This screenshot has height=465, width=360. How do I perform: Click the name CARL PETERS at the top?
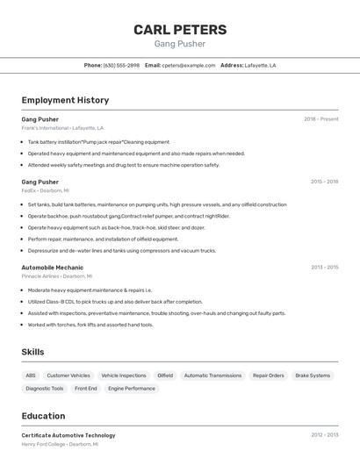pos(180,29)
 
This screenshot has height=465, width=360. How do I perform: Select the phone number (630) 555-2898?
pos(121,65)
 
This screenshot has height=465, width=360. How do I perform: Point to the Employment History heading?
pos(65,100)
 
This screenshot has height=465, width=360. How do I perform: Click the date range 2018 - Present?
pos(321,118)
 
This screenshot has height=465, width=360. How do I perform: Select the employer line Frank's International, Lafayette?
pos(62,127)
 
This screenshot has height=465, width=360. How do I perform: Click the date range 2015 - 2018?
pos(324,182)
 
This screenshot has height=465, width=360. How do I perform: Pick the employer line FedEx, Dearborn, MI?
pos(45,190)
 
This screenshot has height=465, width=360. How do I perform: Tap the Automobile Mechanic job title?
pos(53,267)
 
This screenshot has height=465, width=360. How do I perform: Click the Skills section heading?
pos(33,352)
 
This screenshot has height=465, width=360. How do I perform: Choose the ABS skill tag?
pos(31,376)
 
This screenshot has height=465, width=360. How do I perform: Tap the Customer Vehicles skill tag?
pos(68,376)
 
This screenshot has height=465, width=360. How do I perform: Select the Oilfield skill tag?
pos(165,376)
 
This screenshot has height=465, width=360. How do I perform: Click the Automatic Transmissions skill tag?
pos(212,376)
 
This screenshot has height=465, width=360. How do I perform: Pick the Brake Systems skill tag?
pos(313,376)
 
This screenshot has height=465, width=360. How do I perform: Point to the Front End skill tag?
pos(86,388)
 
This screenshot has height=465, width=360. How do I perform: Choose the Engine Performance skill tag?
pos(132,388)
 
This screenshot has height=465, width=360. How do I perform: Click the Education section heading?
pos(43,416)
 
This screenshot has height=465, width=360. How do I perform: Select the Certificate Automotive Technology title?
pos(68,435)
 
